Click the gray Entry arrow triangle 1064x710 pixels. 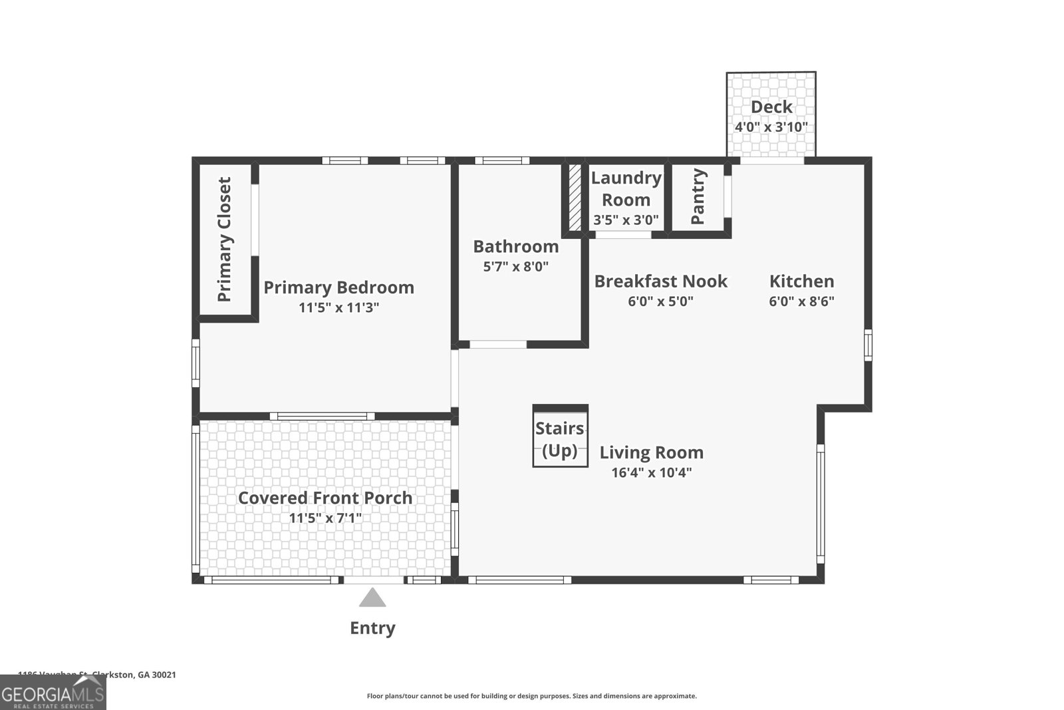point(372,598)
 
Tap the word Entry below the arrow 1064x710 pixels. point(372,628)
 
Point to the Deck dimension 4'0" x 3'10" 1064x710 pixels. point(771,127)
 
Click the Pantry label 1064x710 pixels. point(698,197)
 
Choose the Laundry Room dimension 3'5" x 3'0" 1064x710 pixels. point(626,220)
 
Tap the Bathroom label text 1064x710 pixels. point(515,247)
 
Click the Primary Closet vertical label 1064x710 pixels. point(225,240)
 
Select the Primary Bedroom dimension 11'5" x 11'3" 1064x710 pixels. point(338,307)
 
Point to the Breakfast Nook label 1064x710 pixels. point(660,281)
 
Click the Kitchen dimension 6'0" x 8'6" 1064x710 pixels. point(801,301)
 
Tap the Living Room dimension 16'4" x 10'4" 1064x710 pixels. point(651,472)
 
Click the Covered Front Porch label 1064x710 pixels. point(325,498)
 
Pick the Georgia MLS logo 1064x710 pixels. point(53,692)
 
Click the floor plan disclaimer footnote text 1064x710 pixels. point(531,696)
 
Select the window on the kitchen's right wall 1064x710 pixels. point(868,345)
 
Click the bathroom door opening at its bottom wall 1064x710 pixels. point(498,345)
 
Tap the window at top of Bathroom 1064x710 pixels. point(502,160)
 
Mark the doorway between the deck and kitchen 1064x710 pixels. point(771,160)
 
